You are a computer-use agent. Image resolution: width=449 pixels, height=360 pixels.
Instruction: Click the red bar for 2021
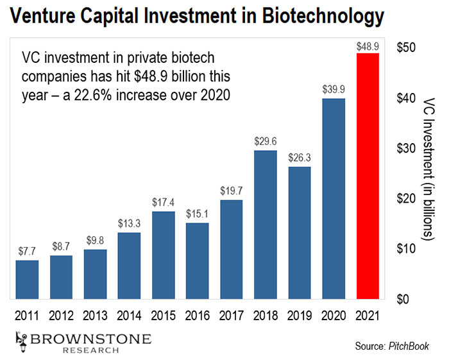368,176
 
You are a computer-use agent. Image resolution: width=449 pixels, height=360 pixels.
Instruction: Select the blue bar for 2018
266,225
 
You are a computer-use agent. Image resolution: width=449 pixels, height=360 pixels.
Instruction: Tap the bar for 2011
27,280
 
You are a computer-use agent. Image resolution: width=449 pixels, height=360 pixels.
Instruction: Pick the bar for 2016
198,261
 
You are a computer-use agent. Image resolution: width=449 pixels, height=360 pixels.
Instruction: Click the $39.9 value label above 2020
334,89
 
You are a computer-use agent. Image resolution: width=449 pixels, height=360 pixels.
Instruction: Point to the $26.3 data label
300,157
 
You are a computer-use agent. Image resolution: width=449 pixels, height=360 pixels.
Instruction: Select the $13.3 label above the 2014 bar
129,223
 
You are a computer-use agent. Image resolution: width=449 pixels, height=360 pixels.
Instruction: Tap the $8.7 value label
61,246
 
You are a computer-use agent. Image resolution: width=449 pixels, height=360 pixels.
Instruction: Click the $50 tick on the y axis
406,47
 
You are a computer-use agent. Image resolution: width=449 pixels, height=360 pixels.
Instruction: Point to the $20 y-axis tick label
406,198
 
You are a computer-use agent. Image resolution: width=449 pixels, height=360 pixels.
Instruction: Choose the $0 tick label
403,299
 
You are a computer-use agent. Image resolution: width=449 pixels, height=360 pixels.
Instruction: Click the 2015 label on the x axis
163,316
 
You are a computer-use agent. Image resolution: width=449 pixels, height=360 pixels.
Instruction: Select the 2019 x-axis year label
300,316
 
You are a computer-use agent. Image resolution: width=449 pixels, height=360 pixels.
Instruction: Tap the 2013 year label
95,316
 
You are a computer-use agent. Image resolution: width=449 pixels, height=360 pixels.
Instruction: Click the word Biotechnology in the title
323,17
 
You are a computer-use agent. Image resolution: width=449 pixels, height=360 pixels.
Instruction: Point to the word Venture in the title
43,16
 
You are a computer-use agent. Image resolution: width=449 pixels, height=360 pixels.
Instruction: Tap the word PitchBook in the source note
409,346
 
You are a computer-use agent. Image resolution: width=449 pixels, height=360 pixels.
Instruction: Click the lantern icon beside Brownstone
22,342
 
